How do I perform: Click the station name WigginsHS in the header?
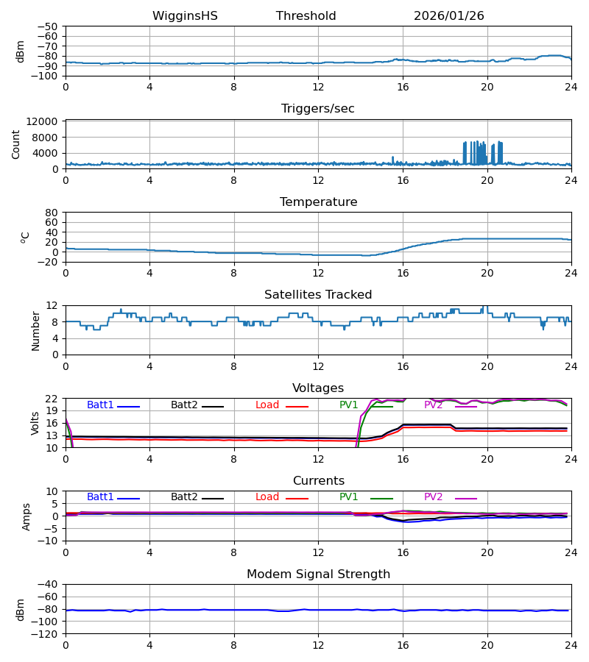[185, 16]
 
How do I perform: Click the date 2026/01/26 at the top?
[448, 16]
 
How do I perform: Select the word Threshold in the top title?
[306, 16]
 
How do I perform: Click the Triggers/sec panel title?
[318, 109]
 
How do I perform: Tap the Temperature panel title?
[318, 202]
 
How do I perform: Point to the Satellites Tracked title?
[318, 295]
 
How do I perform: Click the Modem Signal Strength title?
[318, 574]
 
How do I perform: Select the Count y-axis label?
[16, 144]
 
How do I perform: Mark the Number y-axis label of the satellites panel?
[35, 330]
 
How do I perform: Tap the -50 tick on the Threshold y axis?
[49, 26]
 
